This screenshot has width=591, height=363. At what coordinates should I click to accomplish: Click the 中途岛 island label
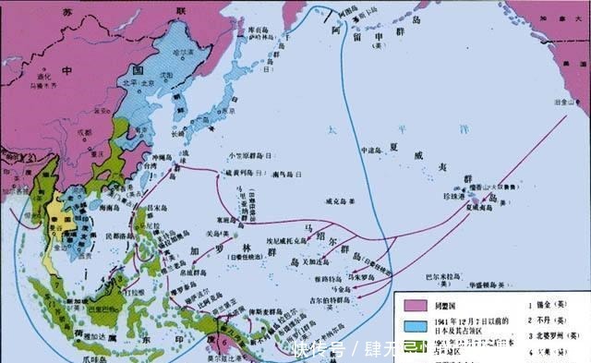point(371,150)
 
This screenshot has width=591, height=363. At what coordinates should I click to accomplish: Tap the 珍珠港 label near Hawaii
point(454,198)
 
